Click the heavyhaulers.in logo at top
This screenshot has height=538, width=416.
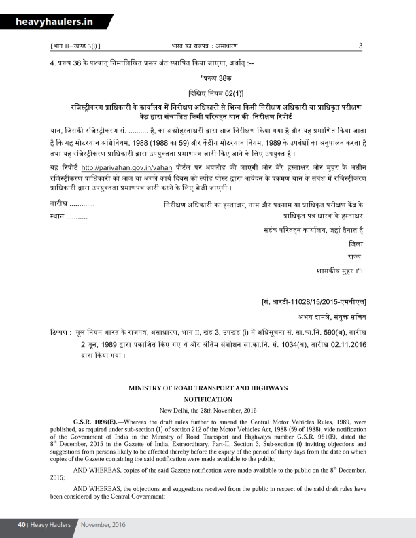tap(56, 22)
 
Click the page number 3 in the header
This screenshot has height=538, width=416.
tap(360, 46)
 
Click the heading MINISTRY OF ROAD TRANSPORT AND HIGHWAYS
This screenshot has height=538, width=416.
tap(208, 388)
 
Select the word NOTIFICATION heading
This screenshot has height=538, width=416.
tap(208, 399)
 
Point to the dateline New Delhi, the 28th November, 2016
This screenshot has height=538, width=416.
tap(208, 410)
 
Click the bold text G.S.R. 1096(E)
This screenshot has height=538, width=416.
tap(97, 422)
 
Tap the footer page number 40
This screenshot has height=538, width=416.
tap(22, 525)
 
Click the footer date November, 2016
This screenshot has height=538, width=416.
tap(103, 525)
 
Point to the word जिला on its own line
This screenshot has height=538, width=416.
tap(355, 243)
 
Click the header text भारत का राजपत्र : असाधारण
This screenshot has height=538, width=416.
tap(203, 46)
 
